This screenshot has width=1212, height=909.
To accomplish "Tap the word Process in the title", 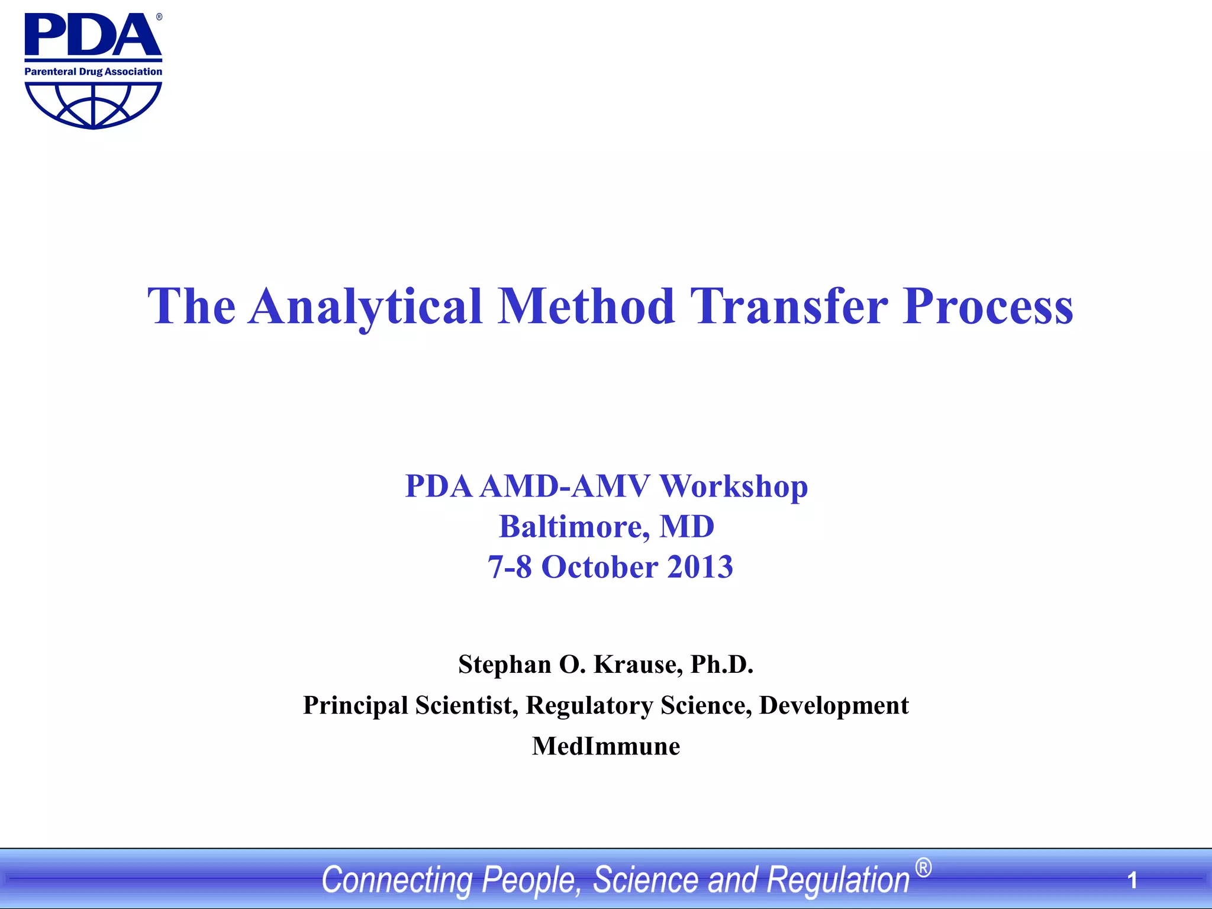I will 987,307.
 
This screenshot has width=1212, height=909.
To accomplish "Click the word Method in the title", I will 586,307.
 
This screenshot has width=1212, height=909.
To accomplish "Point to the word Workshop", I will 733,486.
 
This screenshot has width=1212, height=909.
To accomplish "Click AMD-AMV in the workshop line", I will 565,486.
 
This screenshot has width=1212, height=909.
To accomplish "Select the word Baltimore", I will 570,527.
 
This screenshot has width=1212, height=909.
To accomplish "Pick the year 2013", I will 700,567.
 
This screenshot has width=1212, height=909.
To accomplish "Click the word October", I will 599,567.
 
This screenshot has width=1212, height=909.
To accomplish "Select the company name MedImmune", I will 606,746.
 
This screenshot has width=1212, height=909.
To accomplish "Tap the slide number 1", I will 1132,881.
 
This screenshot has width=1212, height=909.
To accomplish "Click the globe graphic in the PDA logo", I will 93,104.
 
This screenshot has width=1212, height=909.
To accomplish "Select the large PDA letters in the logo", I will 92,36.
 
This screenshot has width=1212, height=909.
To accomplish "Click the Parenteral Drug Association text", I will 93,72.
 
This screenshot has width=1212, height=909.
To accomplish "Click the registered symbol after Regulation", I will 923,868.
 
